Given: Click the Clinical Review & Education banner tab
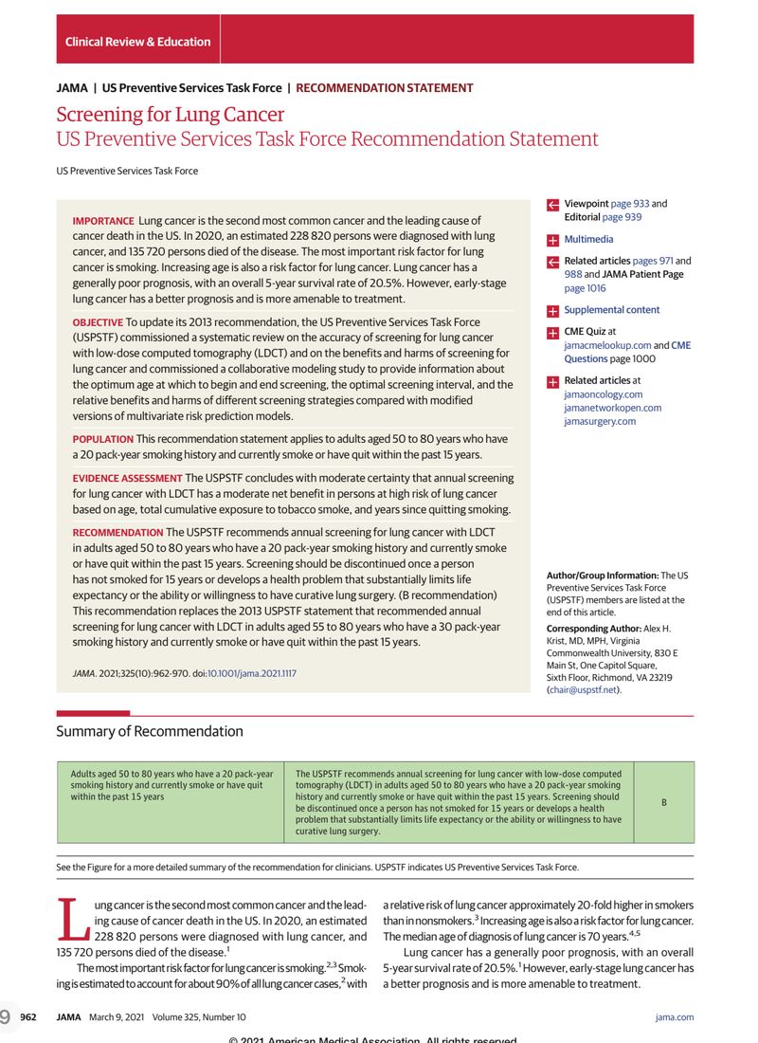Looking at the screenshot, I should coord(137,42).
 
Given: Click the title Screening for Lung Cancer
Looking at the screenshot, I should coord(170,115).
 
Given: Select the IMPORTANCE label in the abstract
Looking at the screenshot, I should coord(103,221).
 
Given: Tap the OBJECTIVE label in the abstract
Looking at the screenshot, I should coord(98,322).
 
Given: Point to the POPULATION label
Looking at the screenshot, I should coord(102,439).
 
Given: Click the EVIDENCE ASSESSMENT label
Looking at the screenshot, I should coord(127,479).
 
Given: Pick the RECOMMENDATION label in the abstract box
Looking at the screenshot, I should coord(117,533).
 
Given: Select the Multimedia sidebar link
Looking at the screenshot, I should coord(588,240).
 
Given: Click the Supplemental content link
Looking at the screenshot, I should coord(611,310).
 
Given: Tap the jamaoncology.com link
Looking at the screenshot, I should coord(603,394).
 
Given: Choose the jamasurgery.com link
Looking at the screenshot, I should coord(600,421).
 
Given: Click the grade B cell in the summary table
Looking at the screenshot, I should coord(663,802).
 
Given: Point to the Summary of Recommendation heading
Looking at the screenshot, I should coord(150,731).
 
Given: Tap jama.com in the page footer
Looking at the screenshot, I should coord(674,1017).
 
